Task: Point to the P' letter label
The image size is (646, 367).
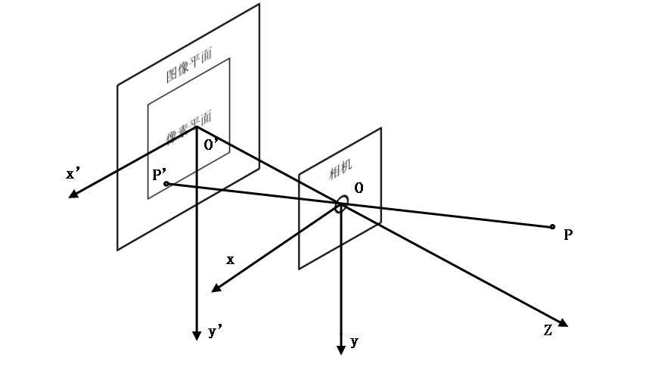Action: pos(160,175)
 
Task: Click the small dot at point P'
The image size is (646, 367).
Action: pos(166,184)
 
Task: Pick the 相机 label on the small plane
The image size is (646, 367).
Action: pos(340,171)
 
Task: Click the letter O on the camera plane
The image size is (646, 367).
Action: pos(359,187)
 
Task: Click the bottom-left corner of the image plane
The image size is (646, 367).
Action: pos(118,248)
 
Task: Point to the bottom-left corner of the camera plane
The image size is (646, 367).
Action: pos(300,267)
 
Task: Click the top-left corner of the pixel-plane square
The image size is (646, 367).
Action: pos(148,101)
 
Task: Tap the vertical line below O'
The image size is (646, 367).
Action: pos(197,174)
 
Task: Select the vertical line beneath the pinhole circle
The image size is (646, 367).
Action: pos(341,227)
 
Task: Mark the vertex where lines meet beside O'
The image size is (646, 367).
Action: pos(197,127)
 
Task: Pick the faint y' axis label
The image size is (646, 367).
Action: pos(215,331)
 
